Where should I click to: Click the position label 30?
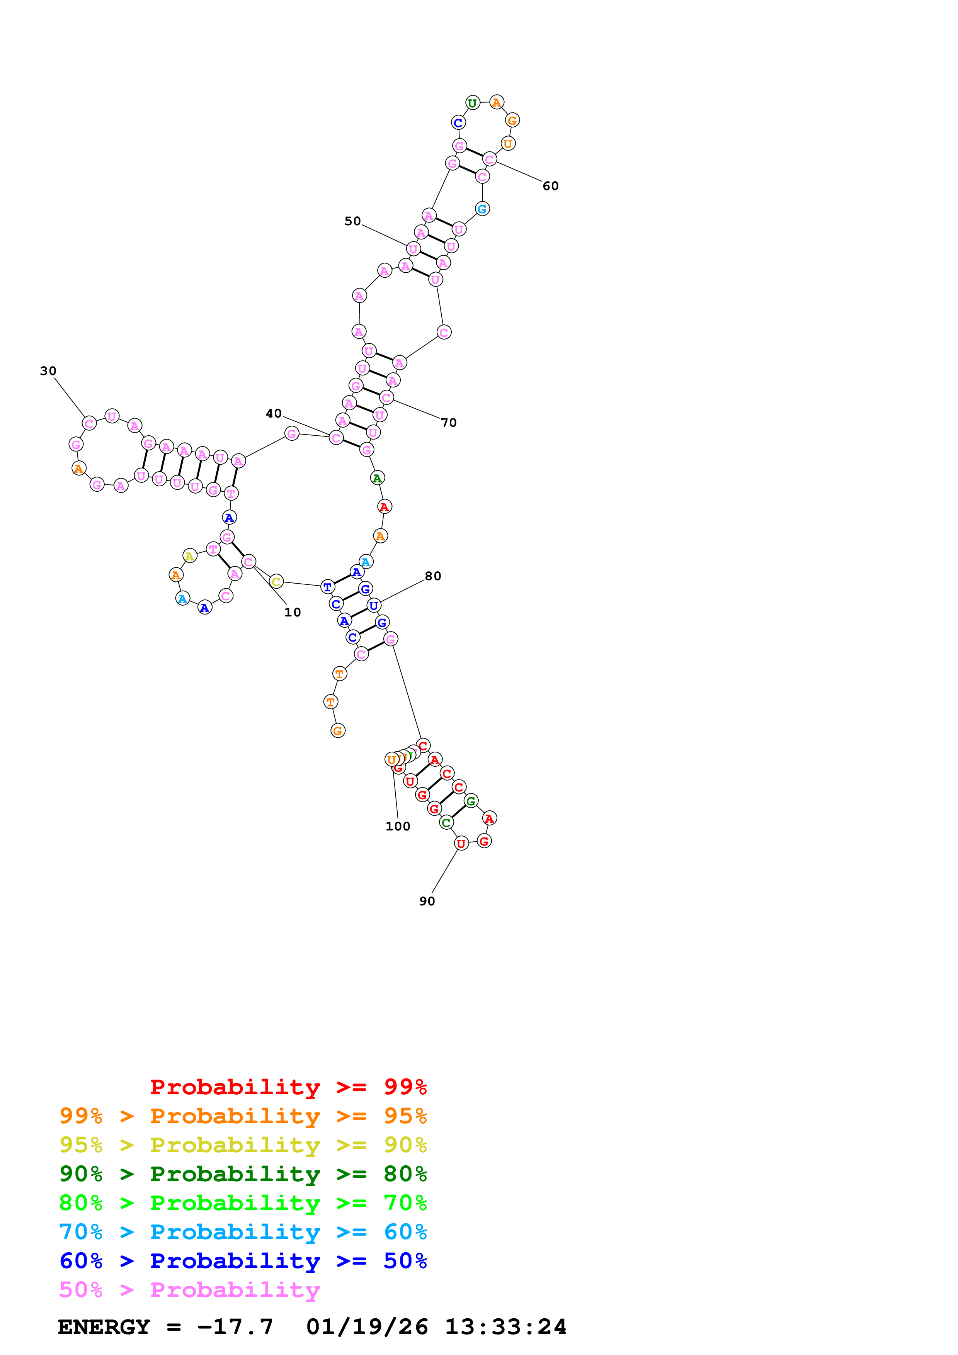48,371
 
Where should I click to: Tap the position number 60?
550,186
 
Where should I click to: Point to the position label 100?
398,826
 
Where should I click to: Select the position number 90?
427,901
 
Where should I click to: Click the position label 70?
449,423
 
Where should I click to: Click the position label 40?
273,413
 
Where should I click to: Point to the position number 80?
433,576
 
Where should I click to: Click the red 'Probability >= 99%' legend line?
288,1087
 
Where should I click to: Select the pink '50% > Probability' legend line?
189,1289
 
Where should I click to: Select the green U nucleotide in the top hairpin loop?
472,103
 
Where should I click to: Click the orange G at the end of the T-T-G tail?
338,731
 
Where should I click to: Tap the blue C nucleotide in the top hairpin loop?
458,123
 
